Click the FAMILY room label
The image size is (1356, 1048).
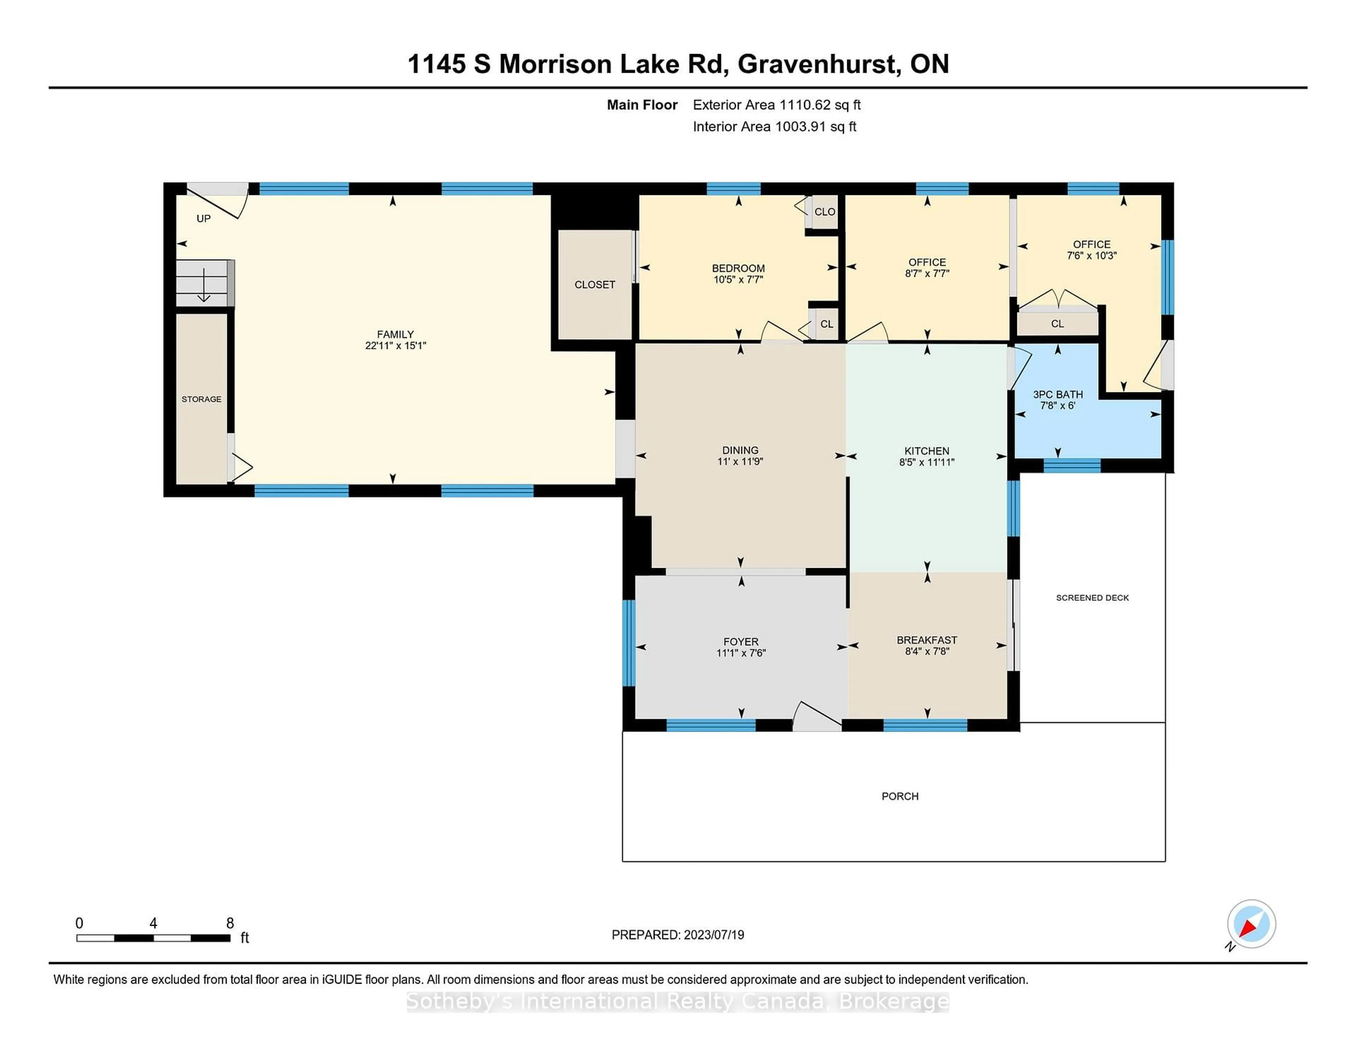[395, 334]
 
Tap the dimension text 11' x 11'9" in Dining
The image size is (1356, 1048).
[740, 461]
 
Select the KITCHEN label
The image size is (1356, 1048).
[926, 451]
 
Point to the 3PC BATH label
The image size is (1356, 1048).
[1057, 394]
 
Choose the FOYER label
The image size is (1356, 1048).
[741, 641]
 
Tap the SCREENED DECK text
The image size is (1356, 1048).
[1092, 597]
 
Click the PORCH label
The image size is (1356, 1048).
[900, 796]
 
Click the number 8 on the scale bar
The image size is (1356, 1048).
[230, 923]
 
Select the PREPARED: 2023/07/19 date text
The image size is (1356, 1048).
[677, 934]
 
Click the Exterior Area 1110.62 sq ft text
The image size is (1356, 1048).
[776, 105]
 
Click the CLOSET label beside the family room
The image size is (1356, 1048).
[594, 284]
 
